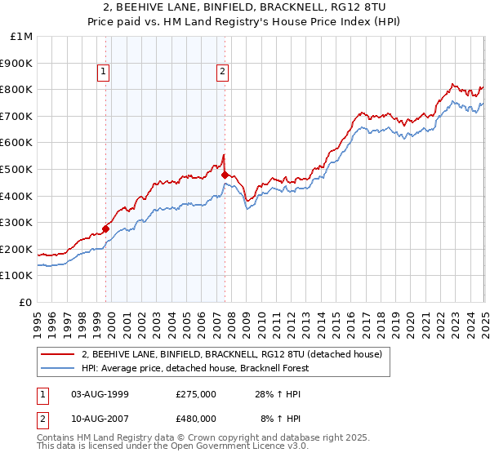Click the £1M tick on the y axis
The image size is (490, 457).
(x=22, y=36)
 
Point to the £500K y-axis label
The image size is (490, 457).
(x=16, y=169)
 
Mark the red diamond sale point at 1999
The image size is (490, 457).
(x=106, y=228)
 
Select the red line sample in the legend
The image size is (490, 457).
(x=58, y=355)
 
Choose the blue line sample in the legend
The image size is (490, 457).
(x=58, y=368)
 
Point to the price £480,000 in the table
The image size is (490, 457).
(x=196, y=419)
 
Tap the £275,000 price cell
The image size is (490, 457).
(x=196, y=394)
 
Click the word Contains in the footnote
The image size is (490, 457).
(x=58, y=438)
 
